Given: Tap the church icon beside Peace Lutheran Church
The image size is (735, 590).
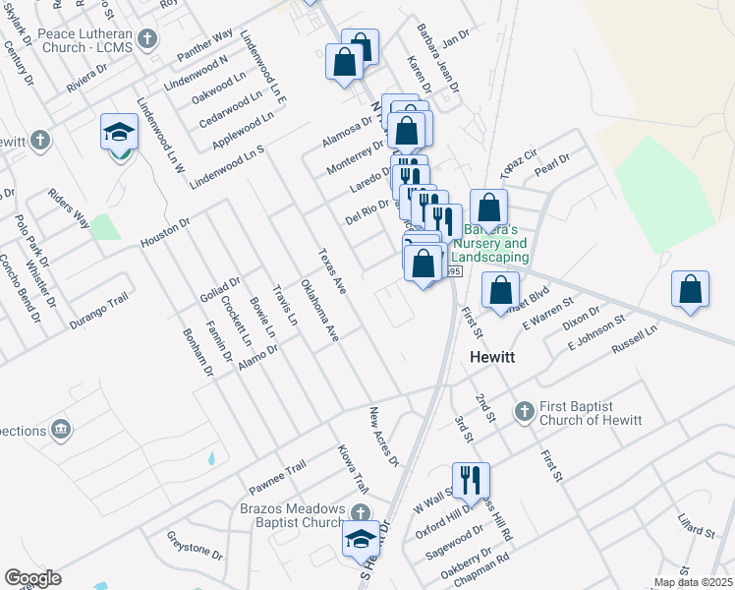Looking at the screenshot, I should click(147, 39).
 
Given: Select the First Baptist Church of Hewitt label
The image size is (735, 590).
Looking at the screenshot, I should click(590, 414).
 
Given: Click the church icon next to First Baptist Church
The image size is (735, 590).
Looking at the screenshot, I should click(524, 409).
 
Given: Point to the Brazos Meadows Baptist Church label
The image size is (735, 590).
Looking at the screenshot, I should click(293, 515).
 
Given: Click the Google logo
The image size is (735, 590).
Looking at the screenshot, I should click(33, 578).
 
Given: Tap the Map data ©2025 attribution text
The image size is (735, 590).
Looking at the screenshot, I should click(692, 582).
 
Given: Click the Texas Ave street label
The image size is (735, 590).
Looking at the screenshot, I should click(332, 271).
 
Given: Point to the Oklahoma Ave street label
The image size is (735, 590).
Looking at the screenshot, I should click(319, 311).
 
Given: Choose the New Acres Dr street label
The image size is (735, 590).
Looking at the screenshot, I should click(384, 437).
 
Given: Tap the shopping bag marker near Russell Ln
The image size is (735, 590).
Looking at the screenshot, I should click(691, 290).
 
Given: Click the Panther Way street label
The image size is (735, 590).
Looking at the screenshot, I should click(204, 45).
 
